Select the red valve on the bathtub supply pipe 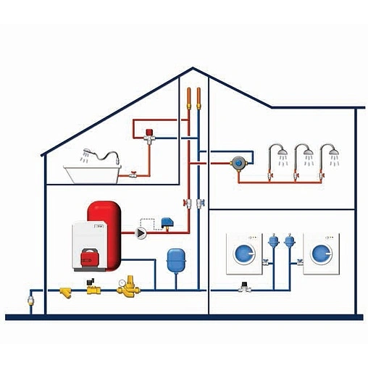pyautogui.click(x=134, y=174)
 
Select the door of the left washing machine pyautogui.click(x=246, y=254)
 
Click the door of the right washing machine pyautogui.click(x=321, y=254)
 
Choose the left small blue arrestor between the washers pyautogui.click(x=274, y=240)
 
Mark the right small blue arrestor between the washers pyautogui.click(x=290, y=240)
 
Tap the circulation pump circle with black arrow pyautogui.click(x=140, y=233)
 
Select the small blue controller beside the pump pyautogui.click(x=168, y=221)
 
